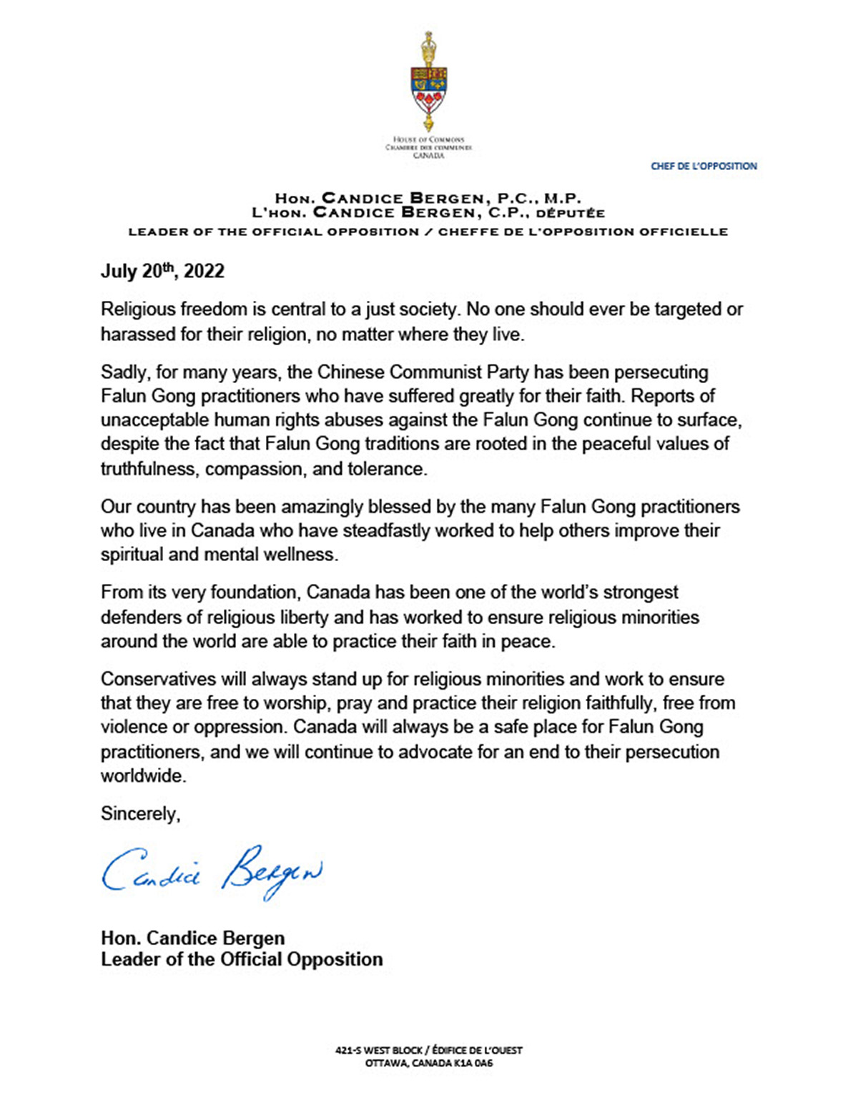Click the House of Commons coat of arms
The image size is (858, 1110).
point(429,82)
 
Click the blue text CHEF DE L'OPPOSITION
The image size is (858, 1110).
point(704,166)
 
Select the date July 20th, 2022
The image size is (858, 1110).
point(162,271)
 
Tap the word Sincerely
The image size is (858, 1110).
point(140,813)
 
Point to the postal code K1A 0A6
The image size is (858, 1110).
point(473,1063)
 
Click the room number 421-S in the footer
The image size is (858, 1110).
point(349,1050)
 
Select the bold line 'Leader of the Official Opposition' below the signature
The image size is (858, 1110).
point(242,959)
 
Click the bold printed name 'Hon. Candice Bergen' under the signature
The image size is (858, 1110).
point(193,938)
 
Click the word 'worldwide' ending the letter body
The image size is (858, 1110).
point(142,776)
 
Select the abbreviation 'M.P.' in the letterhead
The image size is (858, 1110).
point(563,198)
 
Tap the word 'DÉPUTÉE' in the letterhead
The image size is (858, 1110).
point(571,212)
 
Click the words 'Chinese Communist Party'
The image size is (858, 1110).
point(423,372)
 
